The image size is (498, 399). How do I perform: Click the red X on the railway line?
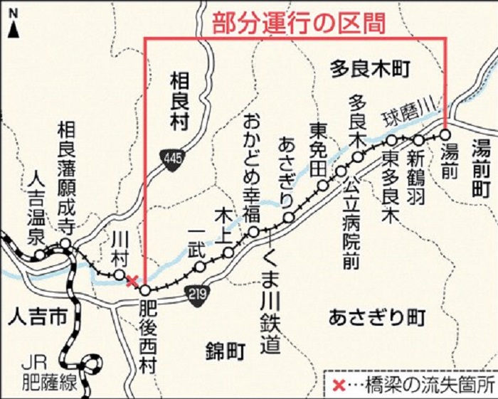click(132, 280)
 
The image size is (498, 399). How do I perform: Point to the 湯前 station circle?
click(445, 134)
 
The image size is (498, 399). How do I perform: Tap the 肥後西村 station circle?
click(145, 290)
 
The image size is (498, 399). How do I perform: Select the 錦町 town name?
click(224, 350)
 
